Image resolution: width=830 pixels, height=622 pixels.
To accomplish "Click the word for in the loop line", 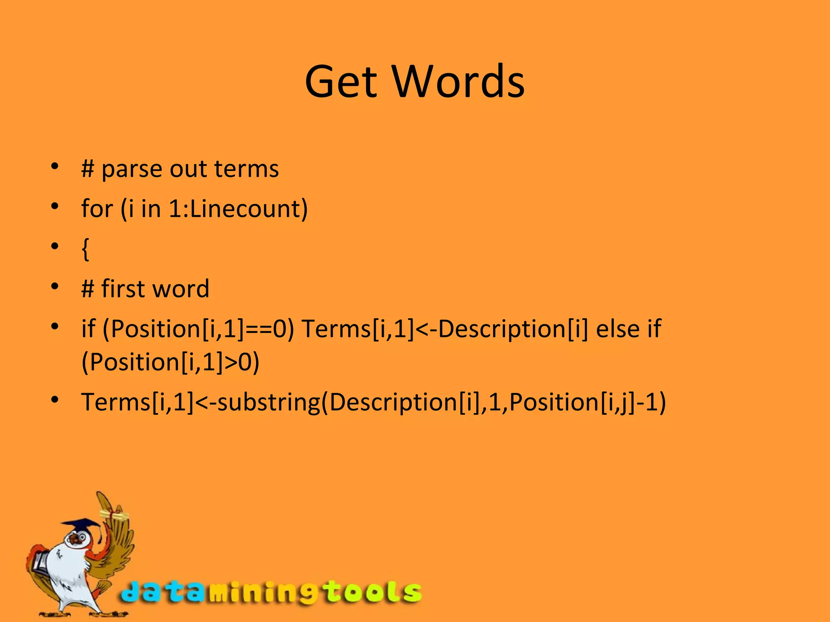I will (x=97, y=209).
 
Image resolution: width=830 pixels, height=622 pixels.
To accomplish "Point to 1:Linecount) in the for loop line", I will (x=238, y=209).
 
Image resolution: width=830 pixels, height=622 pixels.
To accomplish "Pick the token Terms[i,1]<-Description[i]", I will (x=445, y=328).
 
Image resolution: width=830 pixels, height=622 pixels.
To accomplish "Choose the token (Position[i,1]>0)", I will (x=170, y=362).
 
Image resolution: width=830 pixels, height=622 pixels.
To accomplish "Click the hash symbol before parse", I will (x=88, y=169).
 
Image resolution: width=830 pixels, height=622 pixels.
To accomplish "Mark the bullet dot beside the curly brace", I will (x=55, y=246).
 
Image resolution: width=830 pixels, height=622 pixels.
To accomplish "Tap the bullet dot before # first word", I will (x=55, y=286).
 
